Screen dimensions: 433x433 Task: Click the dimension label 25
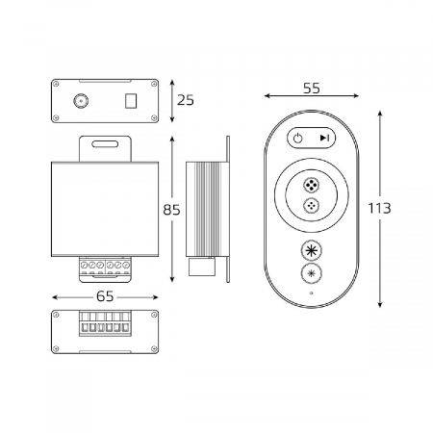tap(186, 100)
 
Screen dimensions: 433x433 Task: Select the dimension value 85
tap(171, 210)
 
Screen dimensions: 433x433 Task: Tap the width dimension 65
tap(105, 296)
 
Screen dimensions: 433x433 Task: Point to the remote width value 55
tap(312, 89)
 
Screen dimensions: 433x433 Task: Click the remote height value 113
tap(379, 209)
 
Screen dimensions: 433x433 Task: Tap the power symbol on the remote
tap(298, 139)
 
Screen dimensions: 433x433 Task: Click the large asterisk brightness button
tap(312, 250)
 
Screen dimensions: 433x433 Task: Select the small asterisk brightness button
tap(312, 273)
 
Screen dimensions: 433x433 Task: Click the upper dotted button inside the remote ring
tap(312, 186)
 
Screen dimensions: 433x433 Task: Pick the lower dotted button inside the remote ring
tap(312, 205)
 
